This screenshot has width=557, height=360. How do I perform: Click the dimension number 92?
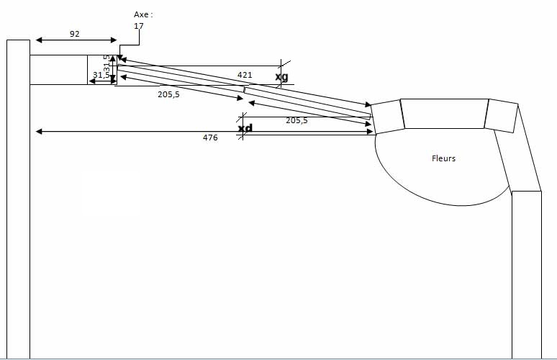[x=75, y=33]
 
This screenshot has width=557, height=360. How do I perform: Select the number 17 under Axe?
[x=139, y=26]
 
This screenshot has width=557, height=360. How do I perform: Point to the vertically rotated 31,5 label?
[x=107, y=64]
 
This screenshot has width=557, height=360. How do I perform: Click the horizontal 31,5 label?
[x=101, y=75]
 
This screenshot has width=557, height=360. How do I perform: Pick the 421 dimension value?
[x=245, y=75]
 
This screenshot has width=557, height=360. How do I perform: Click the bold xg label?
[x=281, y=76]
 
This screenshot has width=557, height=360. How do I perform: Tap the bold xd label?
[x=245, y=128]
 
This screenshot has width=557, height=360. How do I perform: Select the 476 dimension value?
[x=210, y=138]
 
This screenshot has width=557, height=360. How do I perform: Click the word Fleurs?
[x=443, y=158]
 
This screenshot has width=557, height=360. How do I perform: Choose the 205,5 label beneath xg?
[x=296, y=121]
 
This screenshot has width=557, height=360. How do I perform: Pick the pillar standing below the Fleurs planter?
[x=526, y=274]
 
